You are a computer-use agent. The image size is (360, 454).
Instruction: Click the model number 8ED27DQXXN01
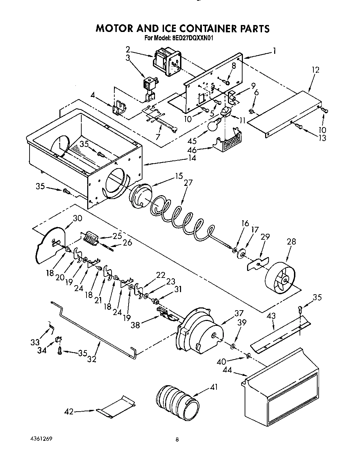coord(192,39)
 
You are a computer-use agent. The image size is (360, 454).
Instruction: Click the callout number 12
coord(315,70)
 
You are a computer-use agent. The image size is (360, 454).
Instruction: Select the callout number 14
coord(191,158)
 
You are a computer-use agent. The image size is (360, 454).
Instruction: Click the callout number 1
coord(275,52)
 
